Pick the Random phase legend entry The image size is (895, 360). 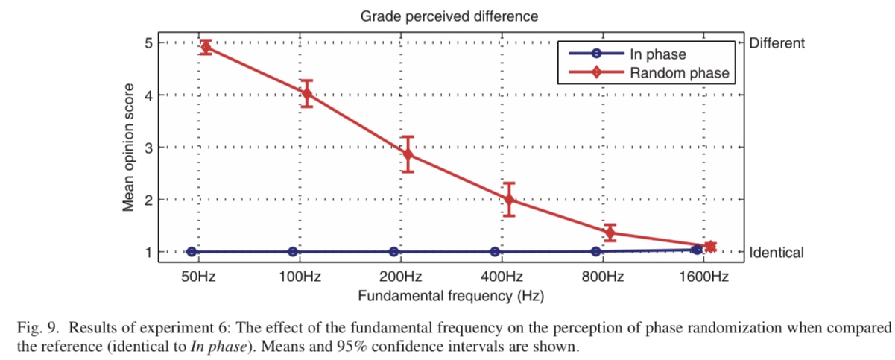(679, 73)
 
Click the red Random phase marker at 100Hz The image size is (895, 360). (306, 94)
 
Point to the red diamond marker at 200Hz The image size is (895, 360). (408, 154)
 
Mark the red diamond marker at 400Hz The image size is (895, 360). (509, 200)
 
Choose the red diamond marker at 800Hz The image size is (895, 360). (610, 233)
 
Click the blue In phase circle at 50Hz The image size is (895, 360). (192, 252)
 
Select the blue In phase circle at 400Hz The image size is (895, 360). (495, 252)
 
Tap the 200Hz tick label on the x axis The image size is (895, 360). (401, 277)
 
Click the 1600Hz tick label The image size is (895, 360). (703, 277)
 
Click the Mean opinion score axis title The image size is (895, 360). (129, 148)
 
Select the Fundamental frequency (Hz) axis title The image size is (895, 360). (451, 296)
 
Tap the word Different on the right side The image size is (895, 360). (777, 43)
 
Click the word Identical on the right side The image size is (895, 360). (777, 253)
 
